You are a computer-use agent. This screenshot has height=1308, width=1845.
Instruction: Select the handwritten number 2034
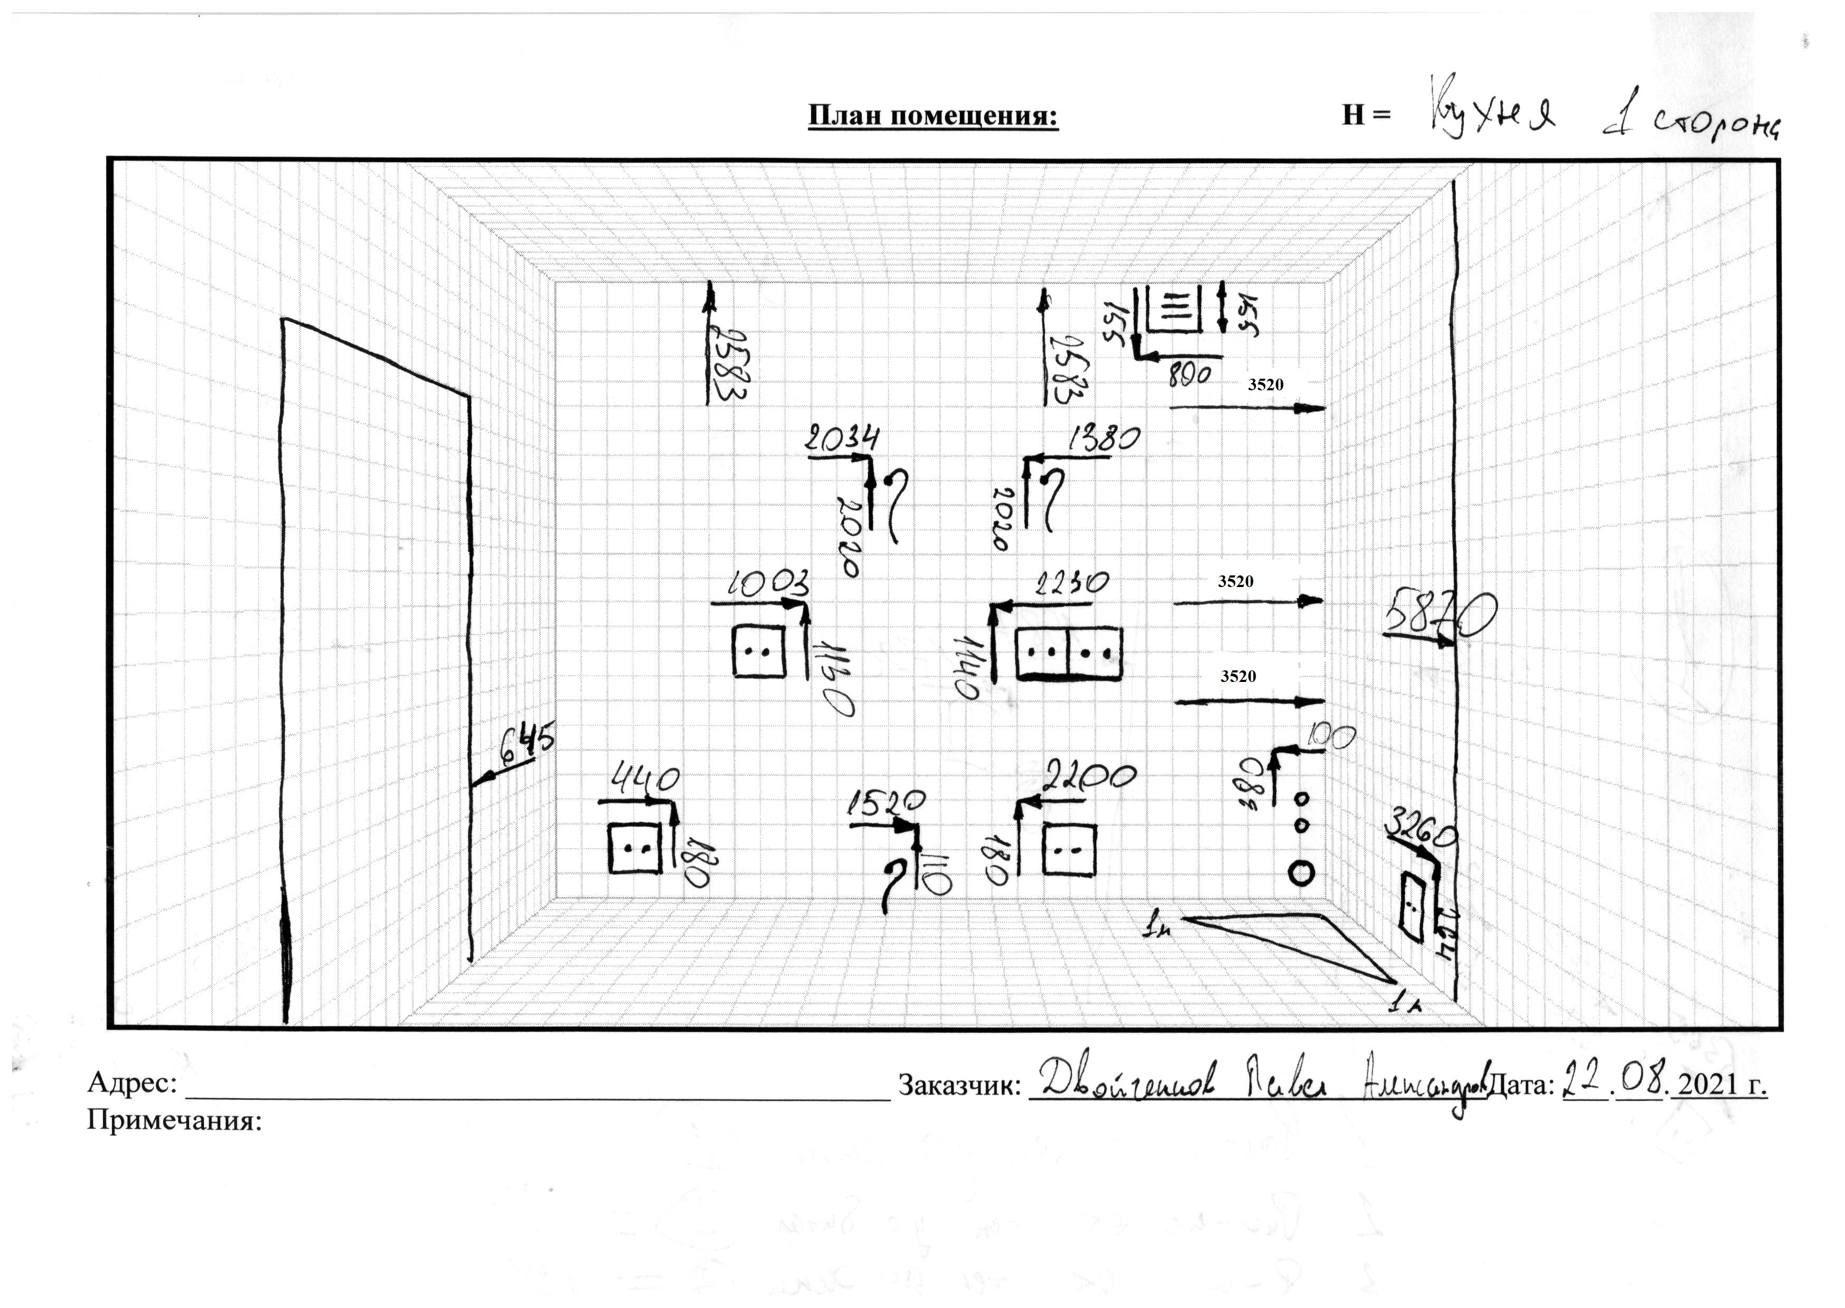(x=843, y=440)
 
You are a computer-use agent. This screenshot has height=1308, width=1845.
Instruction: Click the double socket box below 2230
(x=1068, y=652)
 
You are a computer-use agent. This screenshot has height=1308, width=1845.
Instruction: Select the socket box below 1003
(x=758, y=651)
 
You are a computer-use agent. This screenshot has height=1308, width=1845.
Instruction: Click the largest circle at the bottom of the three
(x=1302, y=872)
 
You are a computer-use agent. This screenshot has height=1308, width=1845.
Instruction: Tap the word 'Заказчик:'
(x=959, y=1086)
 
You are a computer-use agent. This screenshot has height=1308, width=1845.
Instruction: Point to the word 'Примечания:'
(x=175, y=1120)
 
